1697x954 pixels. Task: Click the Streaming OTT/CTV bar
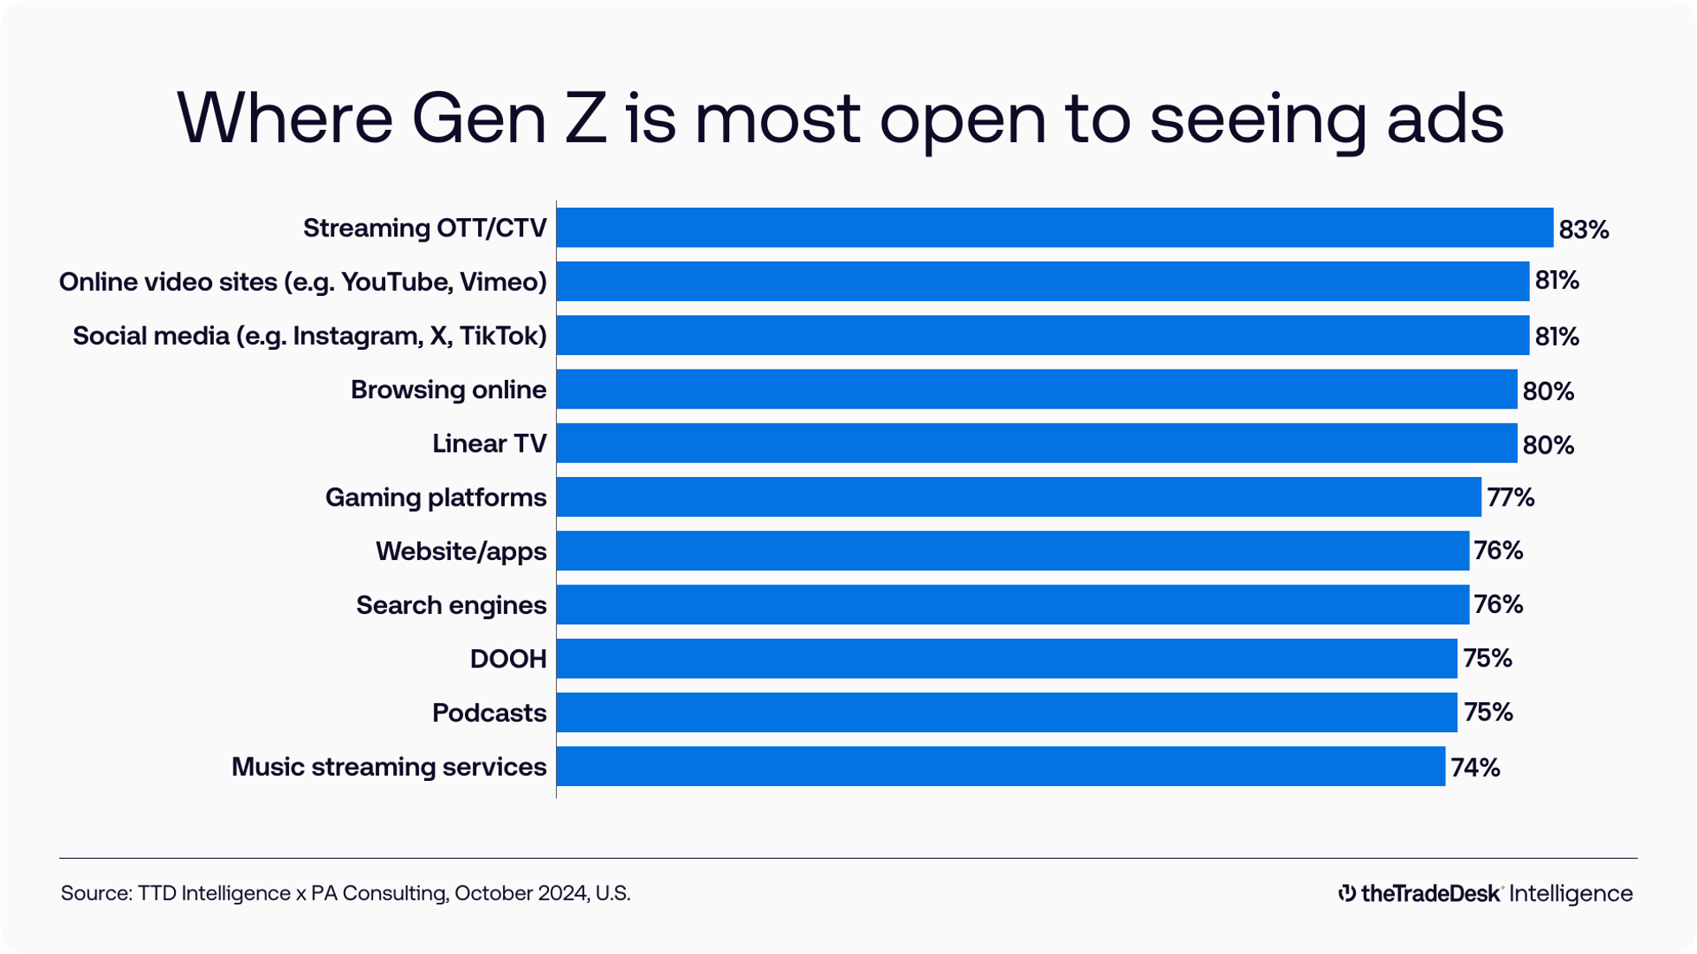click(x=1055, y=228)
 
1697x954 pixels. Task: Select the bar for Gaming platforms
click(x=1018, y=497)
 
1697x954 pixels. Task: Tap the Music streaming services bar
click(x=1000, y=766)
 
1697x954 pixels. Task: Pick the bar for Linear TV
click(x=1036, y=443)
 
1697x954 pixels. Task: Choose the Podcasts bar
click(x=1006, y=712)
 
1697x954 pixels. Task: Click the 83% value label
click(x=1584, y=229)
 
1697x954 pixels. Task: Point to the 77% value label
click(x=1510, y=498)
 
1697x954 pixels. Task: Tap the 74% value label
click(x=1474, y=768)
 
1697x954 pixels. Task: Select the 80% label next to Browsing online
click(x=1548, y=391)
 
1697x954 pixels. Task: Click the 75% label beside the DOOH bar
click(x=1487, y=659)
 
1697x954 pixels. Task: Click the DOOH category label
click(x=508, y=659)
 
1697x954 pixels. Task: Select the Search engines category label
click(x=451, y=605)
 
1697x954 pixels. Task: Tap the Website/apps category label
click(x=461, y=551)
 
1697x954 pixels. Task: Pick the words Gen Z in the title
click(x=508, y=119)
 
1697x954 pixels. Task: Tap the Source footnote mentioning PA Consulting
click(x=345, y=893)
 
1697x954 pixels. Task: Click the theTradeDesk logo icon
click(x=1346, y=893)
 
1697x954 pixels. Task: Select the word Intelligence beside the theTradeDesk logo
click(x=1570, y=893)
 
